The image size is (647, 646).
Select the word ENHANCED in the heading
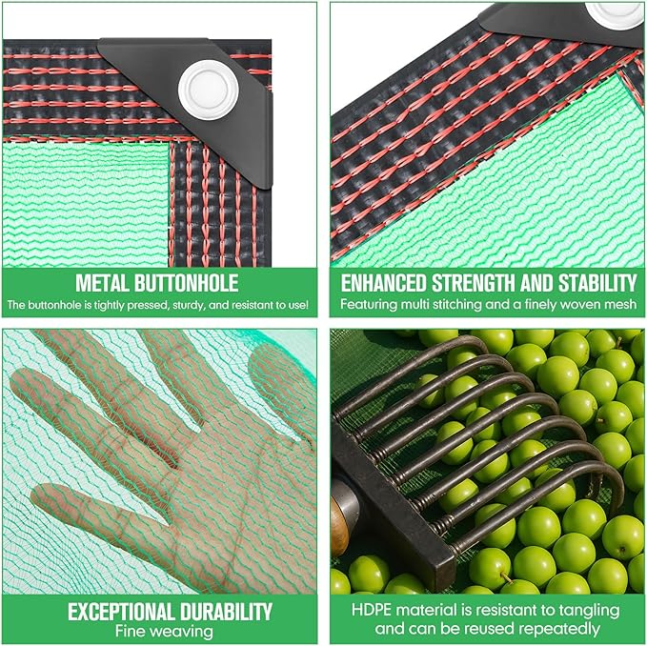[382, 283]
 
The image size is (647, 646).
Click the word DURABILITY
[224, 612]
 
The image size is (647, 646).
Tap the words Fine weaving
[159, 630]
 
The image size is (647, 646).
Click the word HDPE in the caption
[369, 610]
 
